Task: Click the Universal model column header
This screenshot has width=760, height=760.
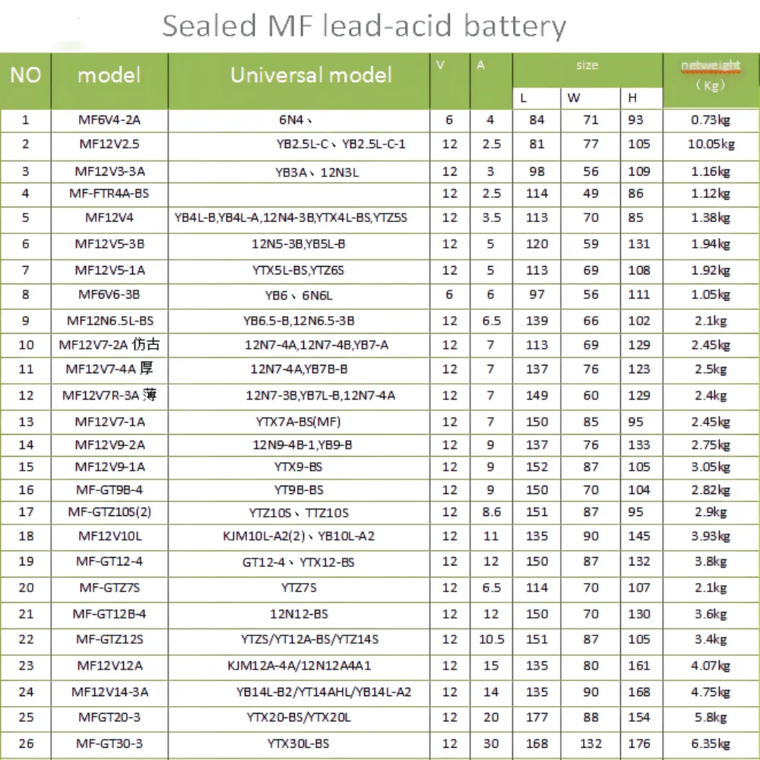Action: coord(311,75)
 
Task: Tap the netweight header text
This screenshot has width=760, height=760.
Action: coord(711,65)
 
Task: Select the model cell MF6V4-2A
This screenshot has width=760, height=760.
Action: coord(109,120)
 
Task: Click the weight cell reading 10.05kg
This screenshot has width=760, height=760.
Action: coord(711,144)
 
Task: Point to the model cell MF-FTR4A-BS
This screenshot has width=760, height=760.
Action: coord(109,194)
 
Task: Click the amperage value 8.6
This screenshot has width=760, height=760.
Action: coord(491,513)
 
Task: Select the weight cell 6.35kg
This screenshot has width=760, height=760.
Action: coord(711,743)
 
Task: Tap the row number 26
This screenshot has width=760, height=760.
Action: coord(26,743)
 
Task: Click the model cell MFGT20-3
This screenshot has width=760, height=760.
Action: coord(109,717)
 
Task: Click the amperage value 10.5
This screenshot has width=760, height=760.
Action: coord(491,640)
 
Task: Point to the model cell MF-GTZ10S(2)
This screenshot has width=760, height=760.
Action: coord(109,513)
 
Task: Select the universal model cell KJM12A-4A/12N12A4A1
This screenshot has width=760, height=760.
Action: coord(299,666)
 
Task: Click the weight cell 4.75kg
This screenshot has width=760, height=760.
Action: coord(711,692)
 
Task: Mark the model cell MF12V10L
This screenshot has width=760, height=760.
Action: coord(109,537)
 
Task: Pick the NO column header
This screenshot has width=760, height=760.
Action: coord(26,75)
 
